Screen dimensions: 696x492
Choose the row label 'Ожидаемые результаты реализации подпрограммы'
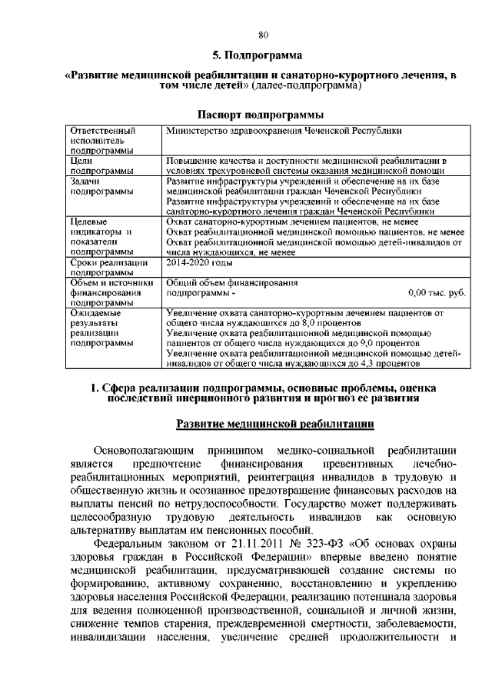click(x=98, y=329)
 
